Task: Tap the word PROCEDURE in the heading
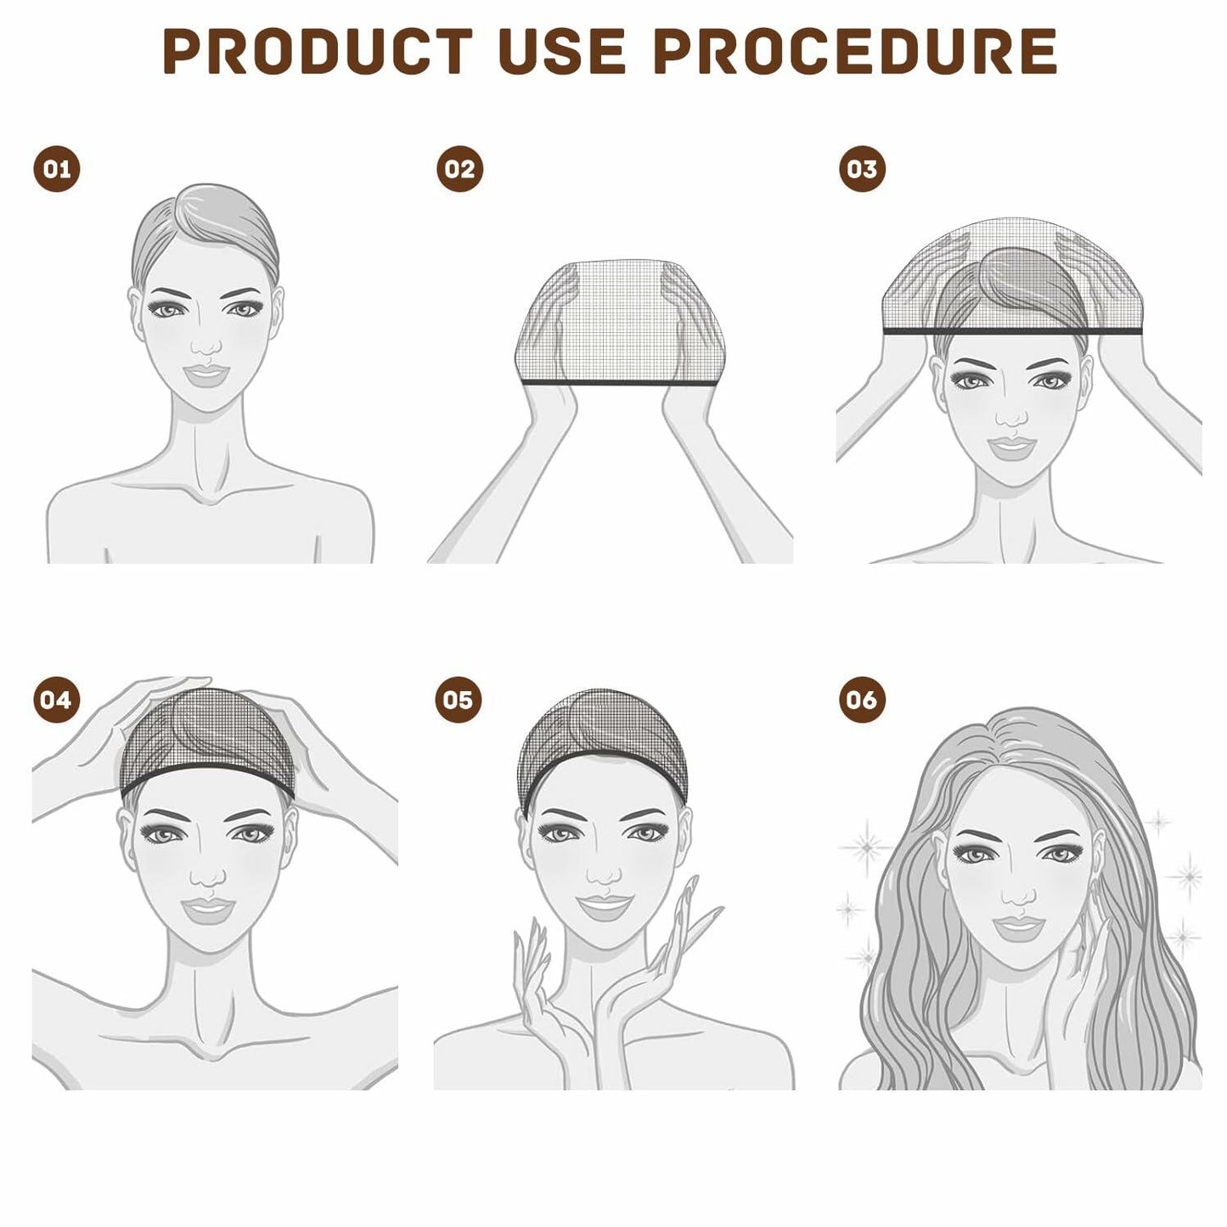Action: click(855, 52)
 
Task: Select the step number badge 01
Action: click(57, 169)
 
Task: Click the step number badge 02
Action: click(459, 169)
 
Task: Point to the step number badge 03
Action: click(862, 169)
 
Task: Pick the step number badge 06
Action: click(861, 700)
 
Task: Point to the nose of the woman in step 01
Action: click(206, 344)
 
